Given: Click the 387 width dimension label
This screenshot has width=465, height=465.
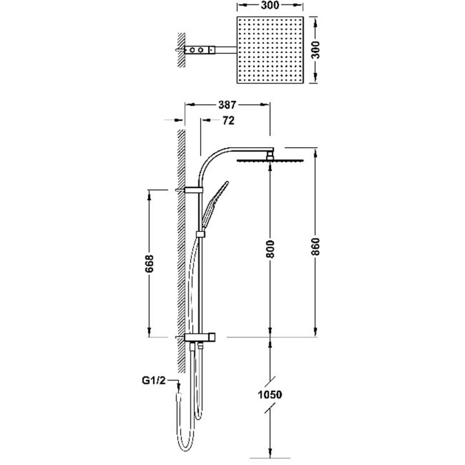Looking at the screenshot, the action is tap(227, 105).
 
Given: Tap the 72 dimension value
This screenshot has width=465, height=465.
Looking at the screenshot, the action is tap(228, 120).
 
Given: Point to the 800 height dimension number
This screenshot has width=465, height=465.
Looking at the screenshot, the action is tap(271, 249).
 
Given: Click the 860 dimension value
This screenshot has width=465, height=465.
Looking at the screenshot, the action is tap(316, 247).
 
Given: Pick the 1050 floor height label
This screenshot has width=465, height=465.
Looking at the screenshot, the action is tap(269, 395).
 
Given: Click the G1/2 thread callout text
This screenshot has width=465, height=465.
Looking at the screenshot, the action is tap(154, 380).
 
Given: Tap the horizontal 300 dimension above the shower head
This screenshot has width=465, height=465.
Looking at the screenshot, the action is tap(270, 5).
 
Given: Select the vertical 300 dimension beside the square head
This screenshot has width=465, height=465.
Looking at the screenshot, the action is tap(316, 50).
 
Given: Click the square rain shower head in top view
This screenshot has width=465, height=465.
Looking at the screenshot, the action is tap(270, 50).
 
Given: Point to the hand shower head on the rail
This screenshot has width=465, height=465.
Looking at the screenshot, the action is tap(214, 203).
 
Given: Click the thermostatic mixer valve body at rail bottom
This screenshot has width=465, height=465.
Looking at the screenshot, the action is tap(200, 337).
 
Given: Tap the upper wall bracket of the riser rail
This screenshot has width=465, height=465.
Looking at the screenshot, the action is tap(193, 190).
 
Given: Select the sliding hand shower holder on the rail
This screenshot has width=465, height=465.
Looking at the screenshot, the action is tap(200, 234).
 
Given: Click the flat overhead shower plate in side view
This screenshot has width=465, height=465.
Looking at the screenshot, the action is tap(270, 160).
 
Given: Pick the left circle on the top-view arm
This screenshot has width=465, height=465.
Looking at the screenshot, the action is tap(192, 50).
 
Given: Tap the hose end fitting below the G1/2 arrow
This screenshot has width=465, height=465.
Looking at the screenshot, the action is tap(178, 396).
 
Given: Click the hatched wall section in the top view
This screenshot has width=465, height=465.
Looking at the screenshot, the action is tap(181, 50).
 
